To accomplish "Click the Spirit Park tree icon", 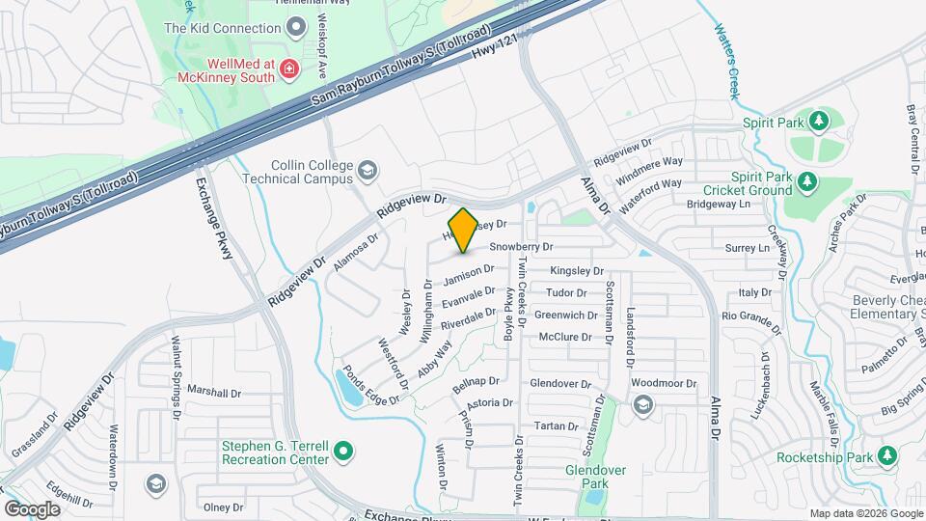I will pyautogui.click(x=819, y=122).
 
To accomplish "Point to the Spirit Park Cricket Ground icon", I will pyautogui.click(x=807, y=182).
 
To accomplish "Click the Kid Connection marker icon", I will pyautogui.click(x=296, y=26).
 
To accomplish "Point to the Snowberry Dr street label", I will pyautogui.click(x=527, y=247).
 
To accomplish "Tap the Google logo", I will pyautogui.click(x=32, y=508).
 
